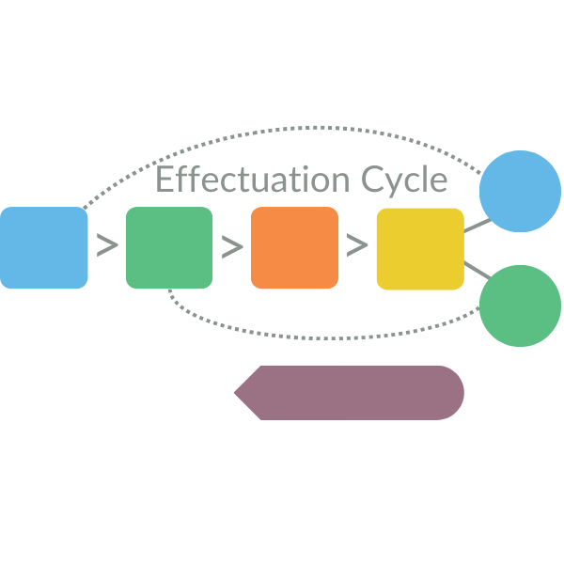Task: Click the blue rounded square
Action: pos(43,247)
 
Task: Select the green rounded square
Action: pos(169,247)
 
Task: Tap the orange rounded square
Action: pos(294,247)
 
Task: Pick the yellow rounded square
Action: pos(420,248)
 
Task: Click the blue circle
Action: pos(520,191)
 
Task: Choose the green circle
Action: pos(520,305)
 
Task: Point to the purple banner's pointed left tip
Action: pos(237,392)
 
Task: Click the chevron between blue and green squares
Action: pos(107,246)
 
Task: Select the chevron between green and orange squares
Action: pos(232,246)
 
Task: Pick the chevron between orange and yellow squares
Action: pos(357,246)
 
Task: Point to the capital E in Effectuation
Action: pos(164,179)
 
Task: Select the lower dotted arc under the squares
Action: pos(320,337)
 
